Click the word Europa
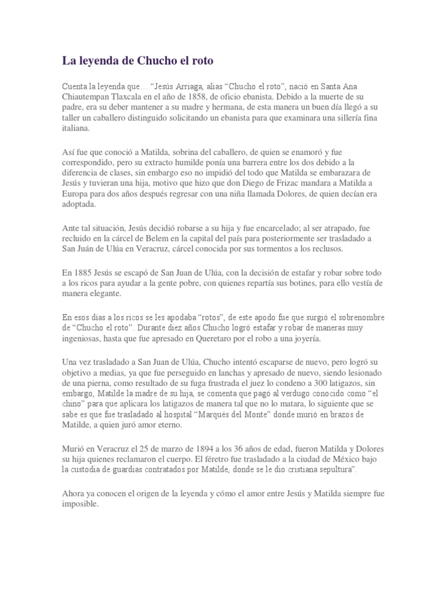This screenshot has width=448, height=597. coord(75,195)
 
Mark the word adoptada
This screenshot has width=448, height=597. coord(80,206)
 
